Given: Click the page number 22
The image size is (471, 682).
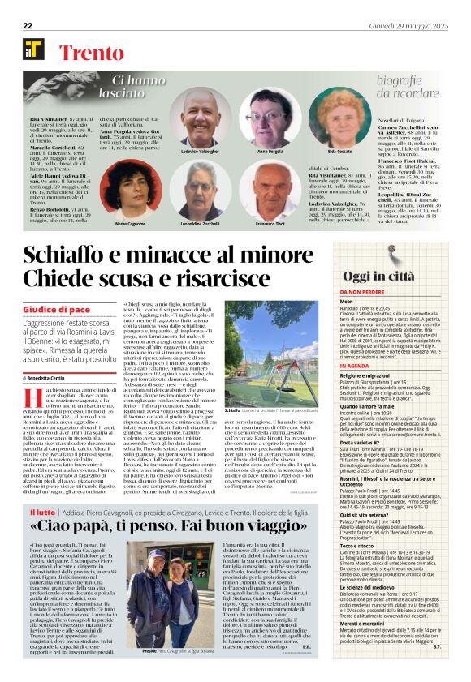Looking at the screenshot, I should pyautogui.click(x=28, y=27).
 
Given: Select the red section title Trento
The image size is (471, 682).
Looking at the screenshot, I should pyautogui.click(x=90, y=54).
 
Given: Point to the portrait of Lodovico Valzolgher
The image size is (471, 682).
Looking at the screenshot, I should pyautogui.click(x=199, y=118).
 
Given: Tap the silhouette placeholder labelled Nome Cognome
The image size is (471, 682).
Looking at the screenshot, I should pyautogui.click(x=130, y=190).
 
